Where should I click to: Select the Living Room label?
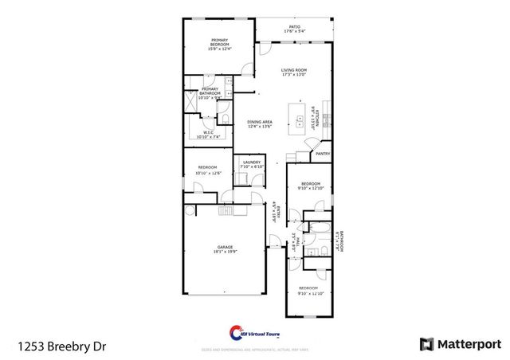(293, 70)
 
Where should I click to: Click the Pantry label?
(322, 154)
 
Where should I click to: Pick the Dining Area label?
(260, 121)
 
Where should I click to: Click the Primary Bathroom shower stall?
(190, 103)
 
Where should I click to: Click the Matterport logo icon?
(426, 343)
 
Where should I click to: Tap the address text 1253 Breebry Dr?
(61, 345)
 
